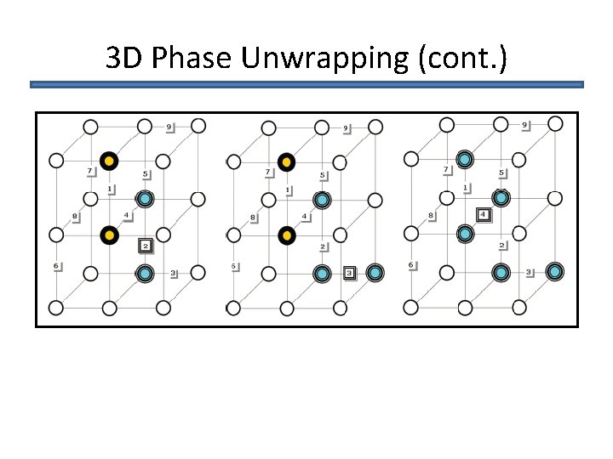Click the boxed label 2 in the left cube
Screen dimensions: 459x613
coord(145,246)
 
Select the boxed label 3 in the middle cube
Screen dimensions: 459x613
coord(349,273)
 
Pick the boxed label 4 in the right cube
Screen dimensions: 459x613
coord(484,215)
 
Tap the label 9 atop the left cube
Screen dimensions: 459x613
coord(169,127)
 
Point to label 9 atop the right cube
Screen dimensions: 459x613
coord(524,126)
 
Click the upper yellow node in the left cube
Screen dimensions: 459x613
coord(109,161)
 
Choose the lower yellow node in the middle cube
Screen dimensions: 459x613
coord(287,235)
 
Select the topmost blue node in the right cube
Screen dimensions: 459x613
coord(464,159)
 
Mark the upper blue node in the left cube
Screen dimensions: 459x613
coord(145,199)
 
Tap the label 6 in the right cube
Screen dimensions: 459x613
coord(412,265)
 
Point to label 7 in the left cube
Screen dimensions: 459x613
coord(90,172)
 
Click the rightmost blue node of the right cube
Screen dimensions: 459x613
coord(555,272)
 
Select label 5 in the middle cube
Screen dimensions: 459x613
coord(323,176)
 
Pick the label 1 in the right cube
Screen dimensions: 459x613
coord(465,188)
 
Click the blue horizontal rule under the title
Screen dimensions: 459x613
coord(306,85)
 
